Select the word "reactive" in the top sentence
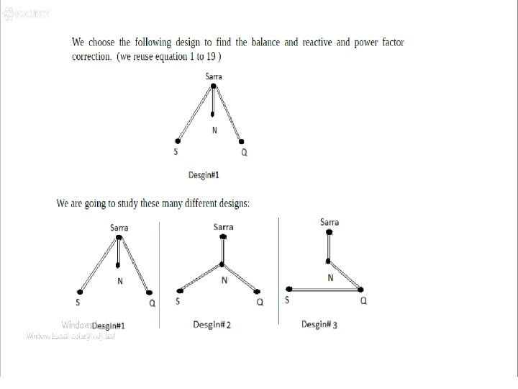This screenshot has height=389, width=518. pos(316,43)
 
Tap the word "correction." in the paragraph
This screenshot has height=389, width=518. pos(91,55)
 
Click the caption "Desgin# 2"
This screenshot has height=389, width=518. pos(212,325)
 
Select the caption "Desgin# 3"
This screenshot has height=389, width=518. pos(319,325)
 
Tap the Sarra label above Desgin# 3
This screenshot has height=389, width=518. pos(330,222)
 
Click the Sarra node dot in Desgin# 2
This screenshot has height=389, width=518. pos(224,236)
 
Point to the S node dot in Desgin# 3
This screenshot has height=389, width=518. pos(287,288)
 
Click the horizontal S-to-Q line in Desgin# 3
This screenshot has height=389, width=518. pos(324,288)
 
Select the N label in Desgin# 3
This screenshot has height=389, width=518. pos(330,277)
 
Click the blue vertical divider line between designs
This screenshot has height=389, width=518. pos(278,267)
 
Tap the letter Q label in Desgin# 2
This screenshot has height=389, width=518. pos(260,302)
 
